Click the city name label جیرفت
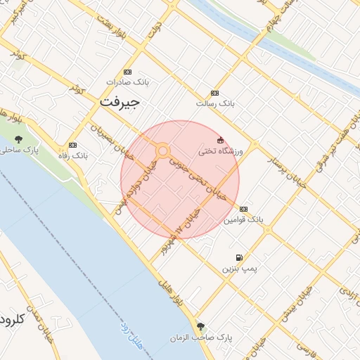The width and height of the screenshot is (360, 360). (120, 101)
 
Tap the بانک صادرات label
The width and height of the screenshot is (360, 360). (127, 82)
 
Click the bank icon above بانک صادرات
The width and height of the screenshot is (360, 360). (127, 72)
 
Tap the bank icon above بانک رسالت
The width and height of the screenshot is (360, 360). (214, 94)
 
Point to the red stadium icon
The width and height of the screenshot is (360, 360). (221, 140)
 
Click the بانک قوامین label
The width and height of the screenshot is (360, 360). (243, 220)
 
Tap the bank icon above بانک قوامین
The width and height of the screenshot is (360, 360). (243, 210)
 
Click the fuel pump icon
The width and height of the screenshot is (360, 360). (240, 258)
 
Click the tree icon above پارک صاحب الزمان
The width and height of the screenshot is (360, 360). (202, 326)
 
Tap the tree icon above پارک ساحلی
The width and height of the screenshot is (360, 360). (18, 139)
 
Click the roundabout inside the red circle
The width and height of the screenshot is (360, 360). (163, 151)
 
